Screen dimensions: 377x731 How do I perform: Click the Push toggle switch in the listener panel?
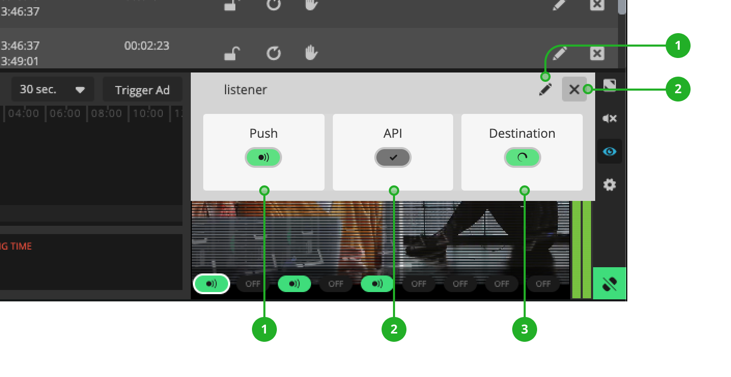click(x=263, y=157)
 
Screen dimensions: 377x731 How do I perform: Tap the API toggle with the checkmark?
click(x=393, y=157)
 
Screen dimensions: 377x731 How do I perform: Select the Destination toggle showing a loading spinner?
click(x=522, y=157)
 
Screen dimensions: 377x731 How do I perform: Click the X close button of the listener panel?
click(x=574, y=89)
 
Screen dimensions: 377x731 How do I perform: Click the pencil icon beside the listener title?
click(x=545, y=90)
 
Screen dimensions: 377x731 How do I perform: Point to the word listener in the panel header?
click(x=245, y=90)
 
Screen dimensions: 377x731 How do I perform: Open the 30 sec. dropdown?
click(x=52, y=90)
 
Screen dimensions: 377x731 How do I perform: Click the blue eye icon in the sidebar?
click(x=610, y=152)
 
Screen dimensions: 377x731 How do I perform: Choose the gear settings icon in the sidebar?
click(x=610, y=184)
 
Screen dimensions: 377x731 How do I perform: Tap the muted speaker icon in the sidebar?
click(x=610, y=119)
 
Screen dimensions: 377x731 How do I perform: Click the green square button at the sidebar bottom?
click(x=610, y=284)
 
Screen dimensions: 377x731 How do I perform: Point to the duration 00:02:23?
click(x=147, y=46)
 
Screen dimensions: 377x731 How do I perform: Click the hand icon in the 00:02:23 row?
click(x=311, y=53)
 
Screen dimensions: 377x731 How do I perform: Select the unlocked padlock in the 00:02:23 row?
click(x=232, y=53)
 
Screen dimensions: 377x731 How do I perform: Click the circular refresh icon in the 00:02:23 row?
click(x=273, y=53)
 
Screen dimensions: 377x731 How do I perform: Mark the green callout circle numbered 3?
click(x=525, y=329)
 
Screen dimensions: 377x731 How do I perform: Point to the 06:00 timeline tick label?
click(x=65, y=113)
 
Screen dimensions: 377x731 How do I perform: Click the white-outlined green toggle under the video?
click(x=212, y=284)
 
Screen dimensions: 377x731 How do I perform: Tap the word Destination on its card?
click(x=522, y=133)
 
